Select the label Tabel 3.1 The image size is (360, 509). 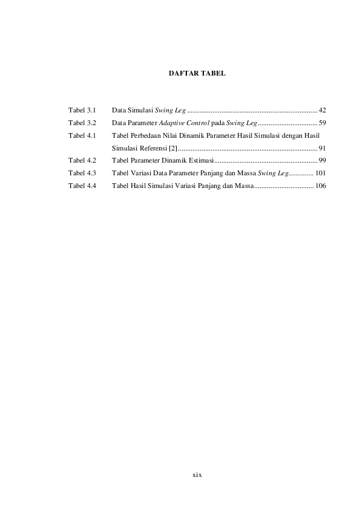click(x=83, y=110)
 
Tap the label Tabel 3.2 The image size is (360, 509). click(x=83, y=123)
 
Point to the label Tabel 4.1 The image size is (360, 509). click(x=83, y=135)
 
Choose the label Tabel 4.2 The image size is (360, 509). click(x=83, y=160)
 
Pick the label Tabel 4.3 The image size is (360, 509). click(x=83, y=173)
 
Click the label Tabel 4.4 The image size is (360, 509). click(x=83, y=186)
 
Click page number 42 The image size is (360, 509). click(x=322, y=110)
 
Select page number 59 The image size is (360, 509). click(x=322, y=123)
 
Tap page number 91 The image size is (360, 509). click(x=322, y=148)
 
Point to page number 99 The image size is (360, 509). click(x=322, y=160)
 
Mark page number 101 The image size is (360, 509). click(x=321, y=173)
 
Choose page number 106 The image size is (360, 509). click(x=321, y=186)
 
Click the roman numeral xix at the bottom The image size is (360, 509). click(x=196, y=475)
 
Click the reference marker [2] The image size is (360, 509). click(x=173, y=148)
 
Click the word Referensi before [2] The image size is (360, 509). click(x=153, y=148)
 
